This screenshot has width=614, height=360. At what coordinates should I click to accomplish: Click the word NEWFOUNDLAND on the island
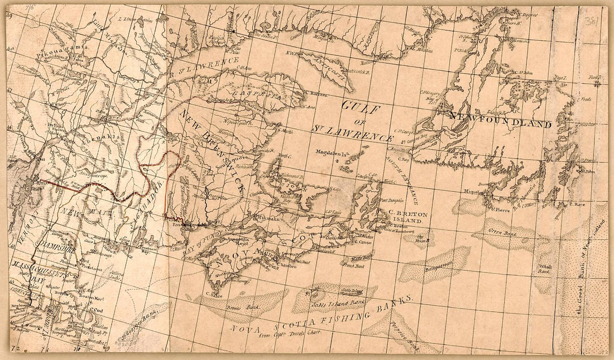pos(499,121)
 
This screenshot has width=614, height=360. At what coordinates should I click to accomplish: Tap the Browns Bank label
pos(252,308)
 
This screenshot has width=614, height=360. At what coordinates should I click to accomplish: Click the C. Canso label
pos(362,242)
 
